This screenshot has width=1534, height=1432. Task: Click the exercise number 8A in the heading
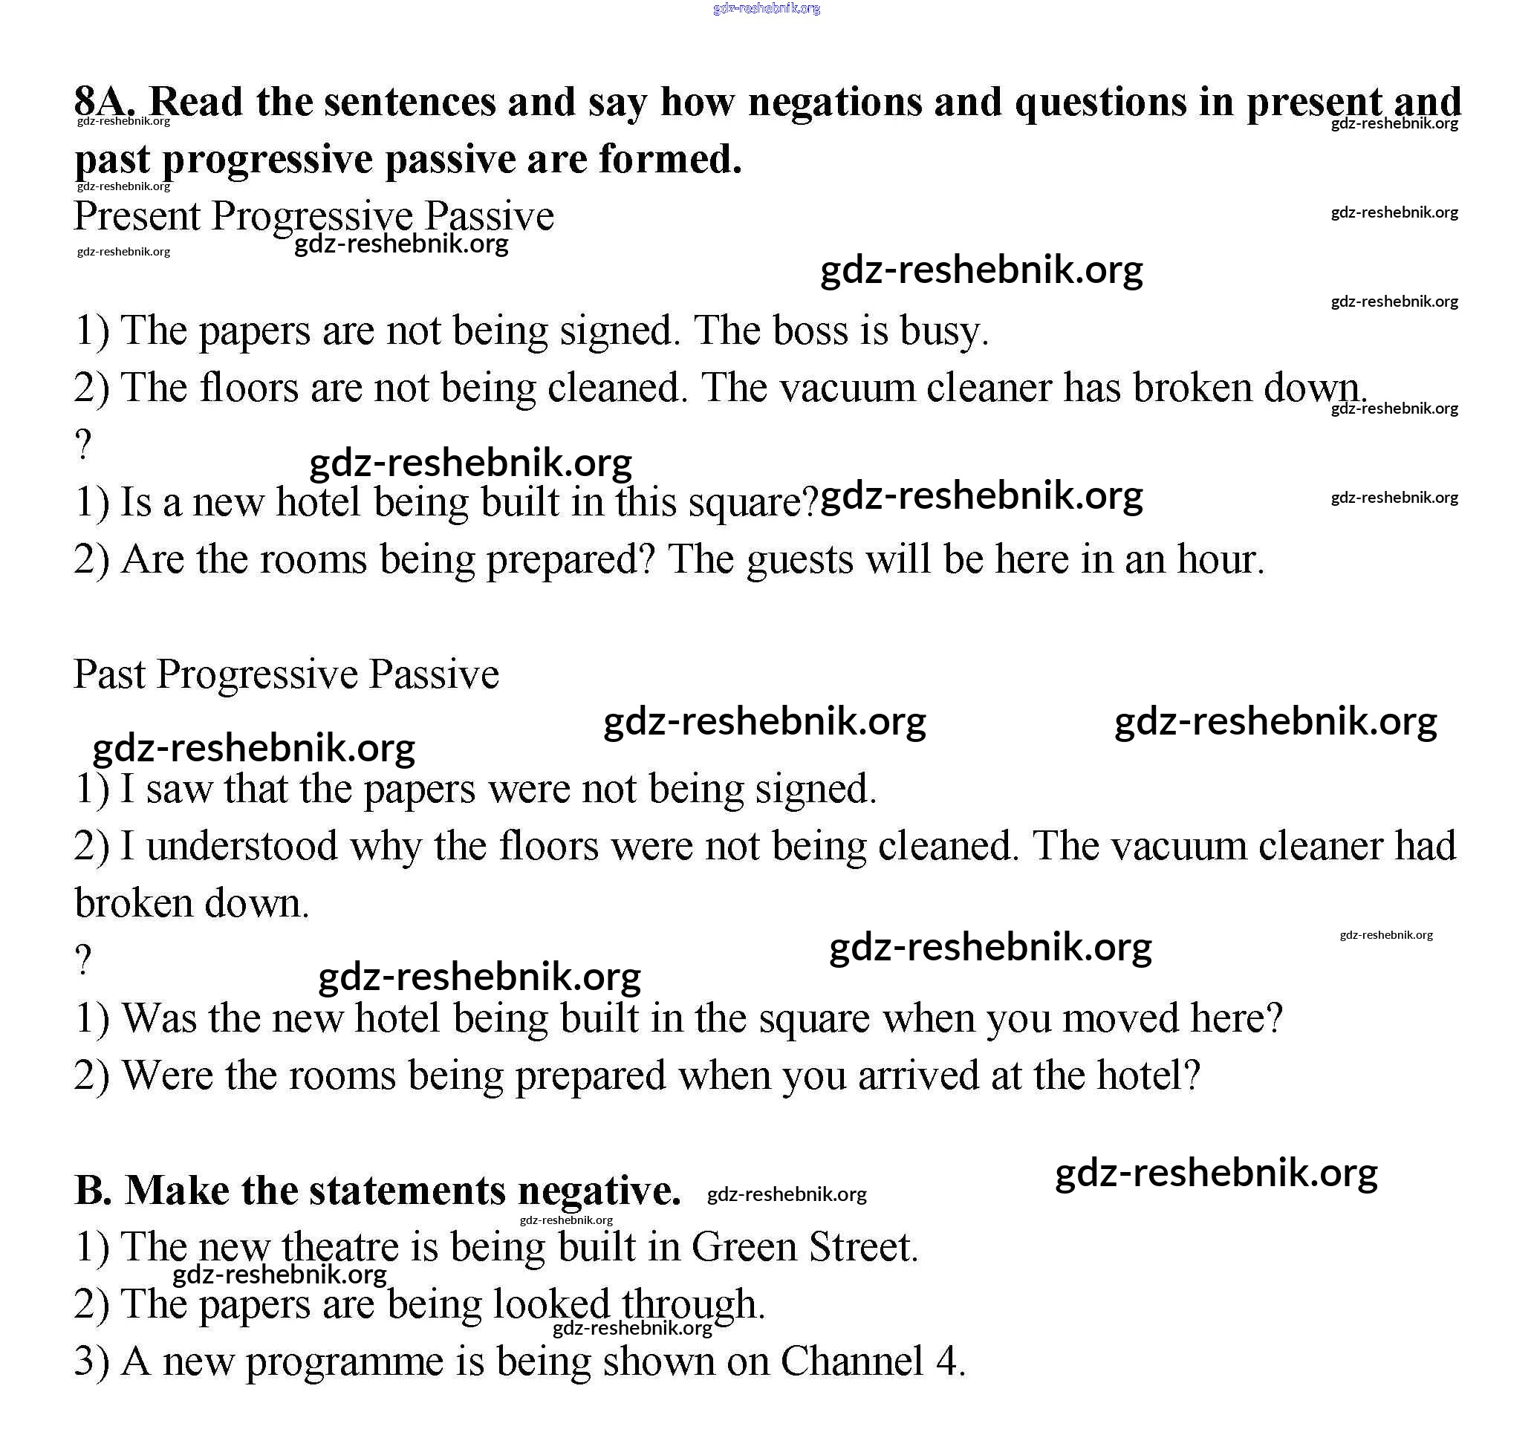(x=105, y=101)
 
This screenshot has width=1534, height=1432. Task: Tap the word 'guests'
(x=800, y=560)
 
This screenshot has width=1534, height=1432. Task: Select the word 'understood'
(x=241, y=846)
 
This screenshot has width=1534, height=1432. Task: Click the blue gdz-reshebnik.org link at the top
(x=766, y=8)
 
